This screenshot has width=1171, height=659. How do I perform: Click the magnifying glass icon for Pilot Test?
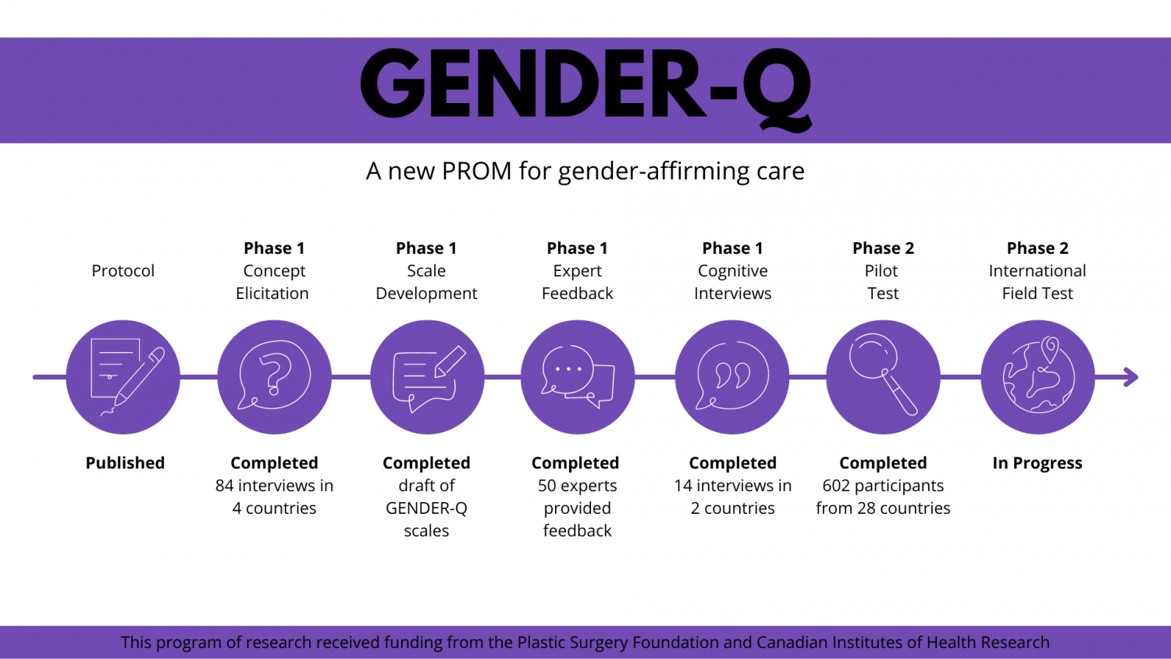pyautogui.click(x=883, y=376)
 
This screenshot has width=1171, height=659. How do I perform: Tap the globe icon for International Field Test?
pyautogui.click(x=1038, y=376)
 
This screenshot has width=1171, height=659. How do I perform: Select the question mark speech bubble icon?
pyautogui.click(x=274, y=376)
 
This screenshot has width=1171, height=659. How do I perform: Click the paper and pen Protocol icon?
pyautogui.click(x=123, y=376)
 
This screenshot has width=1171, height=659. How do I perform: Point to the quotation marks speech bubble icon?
pyautogui.click(x=732, y=376)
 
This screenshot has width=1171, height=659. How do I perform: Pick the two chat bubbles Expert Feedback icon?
pyautogui.click(x=578, y=376)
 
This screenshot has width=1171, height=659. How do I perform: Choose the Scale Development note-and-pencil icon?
pyautogui.click(x=427, y=376)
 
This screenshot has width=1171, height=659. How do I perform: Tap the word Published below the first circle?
pyautogui.click(x=125, y=463)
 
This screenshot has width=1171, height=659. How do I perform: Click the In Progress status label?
pyautogui.click(x=1037, y=463)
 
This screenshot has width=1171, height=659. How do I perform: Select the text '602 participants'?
pyautogui.click(x=883, y=486)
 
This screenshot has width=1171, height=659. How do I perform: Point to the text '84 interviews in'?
pyautogui.click(x=274, y=486)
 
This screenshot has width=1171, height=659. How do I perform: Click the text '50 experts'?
pyautogui.click(x=577, y=486)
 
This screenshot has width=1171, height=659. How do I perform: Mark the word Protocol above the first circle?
pyautogui.click(x=123, y=271)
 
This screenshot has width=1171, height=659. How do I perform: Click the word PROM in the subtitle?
pyautogui.click(x=476, y=171)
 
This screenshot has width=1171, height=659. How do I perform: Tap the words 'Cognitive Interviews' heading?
pyautogui.click(x=732, y=282)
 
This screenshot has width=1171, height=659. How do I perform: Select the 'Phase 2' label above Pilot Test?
pyautogui.click(x=883, y=248)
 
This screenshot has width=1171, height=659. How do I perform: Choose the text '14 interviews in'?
pyautogui.click(x=732, y=486)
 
